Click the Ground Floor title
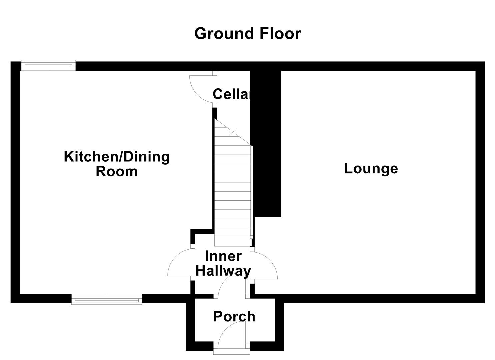[x=247, y=34]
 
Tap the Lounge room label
[x=371, y=168]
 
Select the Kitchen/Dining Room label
[x=117, y=164]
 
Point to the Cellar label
[x=231, y=94]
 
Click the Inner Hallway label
[x=223, y=264]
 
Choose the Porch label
[x=234, y=316]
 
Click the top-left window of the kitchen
[x=48, y=65]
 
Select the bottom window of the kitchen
[x=107, y=299]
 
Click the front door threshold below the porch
[x=231, y=351]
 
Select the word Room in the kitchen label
[x=117, y=171]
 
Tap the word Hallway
[x=223, y=271]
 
